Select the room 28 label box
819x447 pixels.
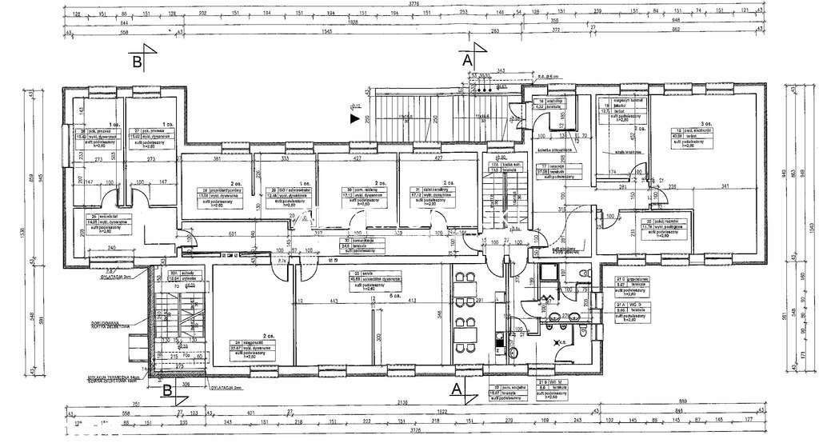point(214,193)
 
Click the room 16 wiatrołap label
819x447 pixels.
point(547,103)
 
